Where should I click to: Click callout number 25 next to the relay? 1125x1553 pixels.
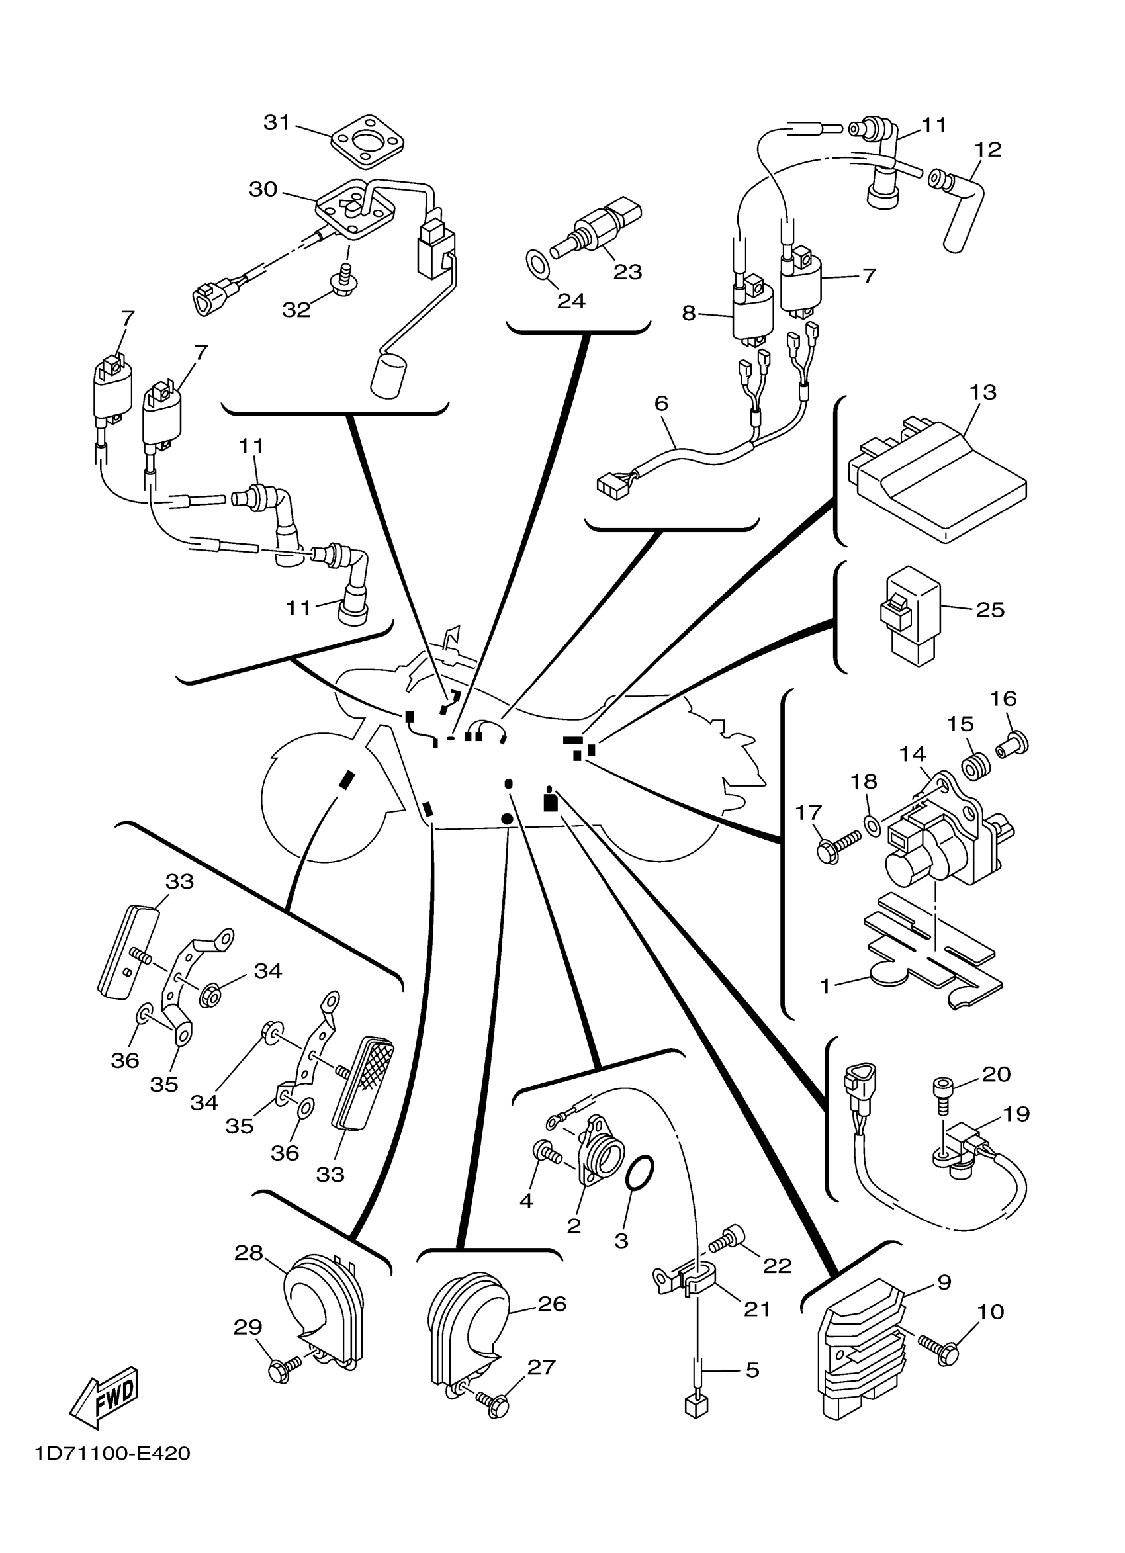(989, 609)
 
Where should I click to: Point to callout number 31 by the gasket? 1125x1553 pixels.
(277, 123)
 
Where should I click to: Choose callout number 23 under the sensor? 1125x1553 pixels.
(627, 272)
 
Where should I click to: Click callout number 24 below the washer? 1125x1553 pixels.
(571, 300)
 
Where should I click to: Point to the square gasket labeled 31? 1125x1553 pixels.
(368, 141)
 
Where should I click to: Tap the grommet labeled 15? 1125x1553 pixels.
(975, 766)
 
